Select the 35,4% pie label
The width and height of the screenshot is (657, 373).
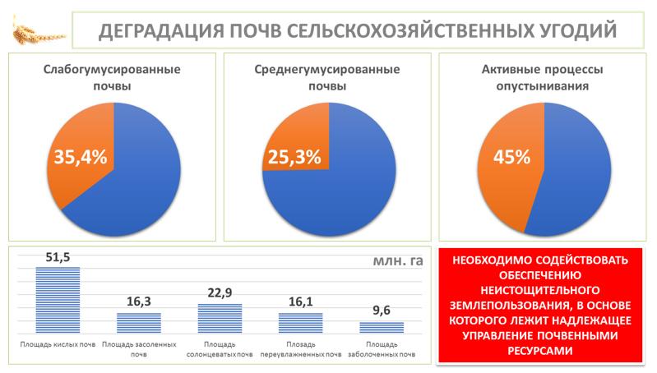pyautogui.click(x=80, y=156)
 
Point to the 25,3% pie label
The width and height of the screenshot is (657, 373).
pyautogui.click(x=292, y=156)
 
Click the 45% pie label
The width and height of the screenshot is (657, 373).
pyautogui.click(x=511, y=156)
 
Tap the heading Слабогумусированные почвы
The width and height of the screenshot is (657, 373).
pyautogui.click(x=112, y=79)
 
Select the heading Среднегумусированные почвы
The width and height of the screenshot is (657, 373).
pyautogui.click(x=327, y=79)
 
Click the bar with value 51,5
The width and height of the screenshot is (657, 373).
pyautogui.click(x=58, y=299)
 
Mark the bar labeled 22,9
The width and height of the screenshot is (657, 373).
pyautogui.click(x=220, y=317)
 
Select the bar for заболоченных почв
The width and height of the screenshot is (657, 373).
pyautogui.click(x=382, y=326)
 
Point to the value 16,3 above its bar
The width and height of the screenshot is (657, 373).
pyautogui.click(x=138, y=302)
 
